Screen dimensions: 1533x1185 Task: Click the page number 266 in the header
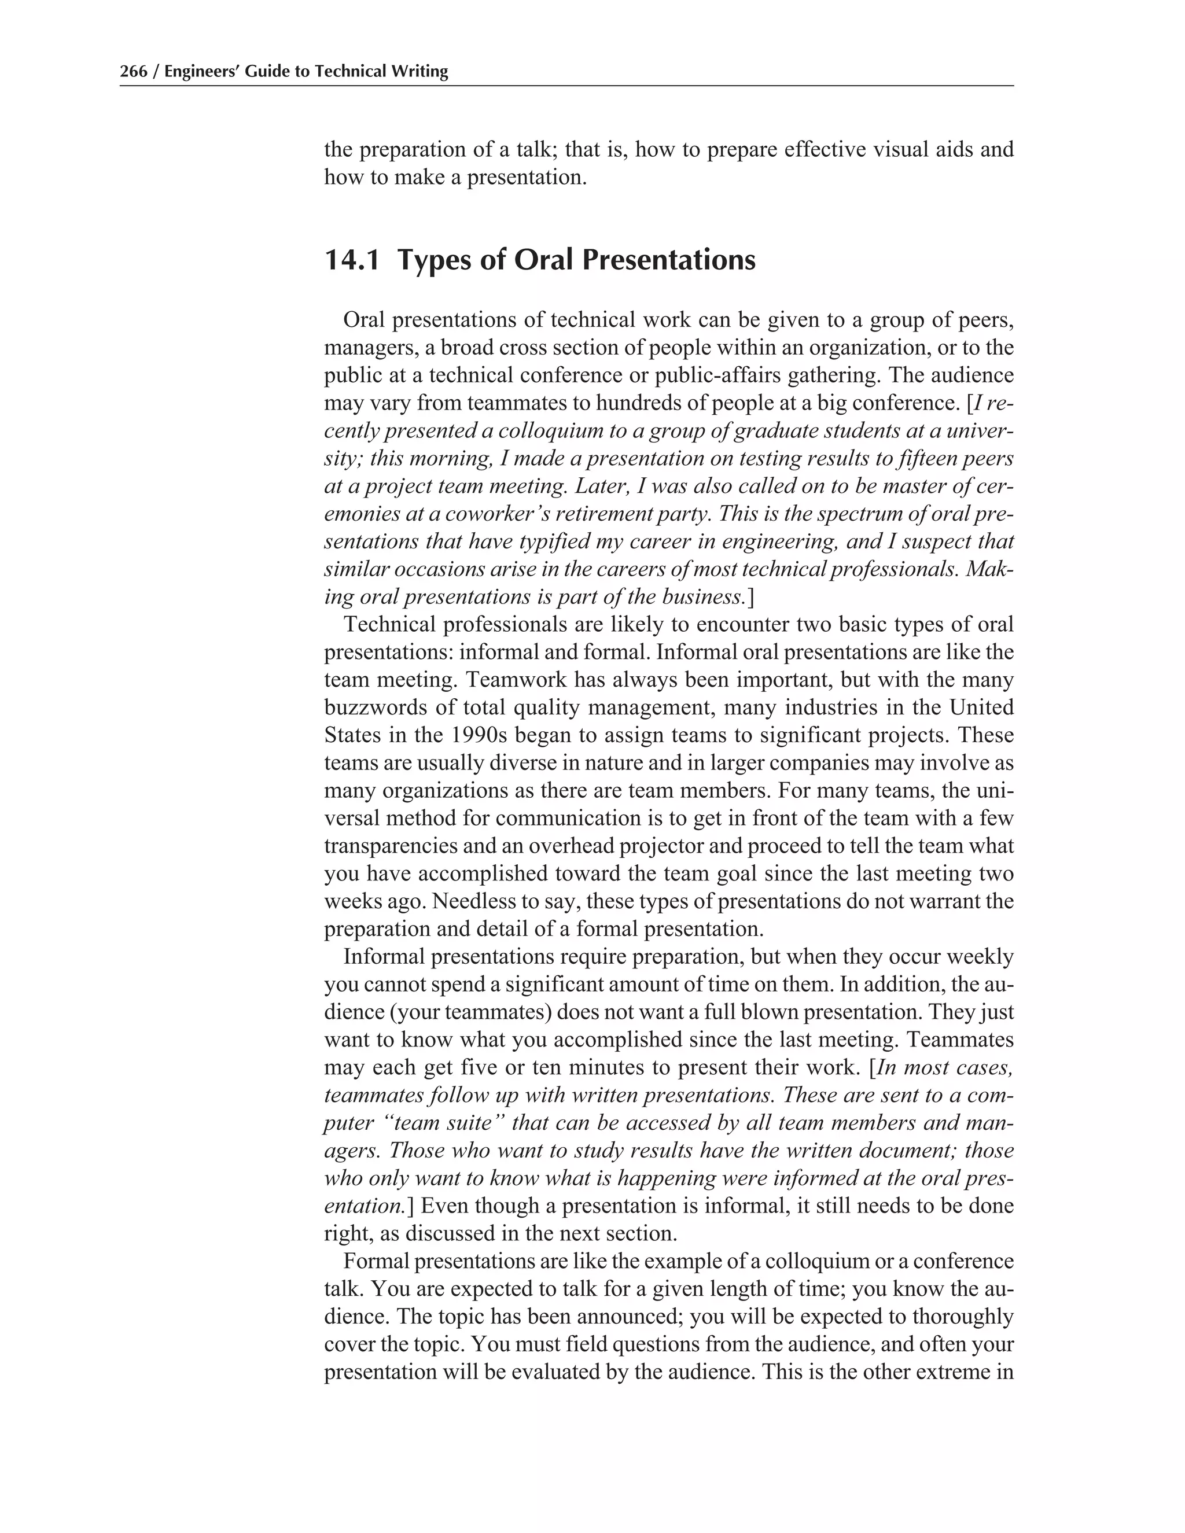tap(134, 72)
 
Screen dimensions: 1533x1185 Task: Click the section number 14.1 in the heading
tap(352, 260)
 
